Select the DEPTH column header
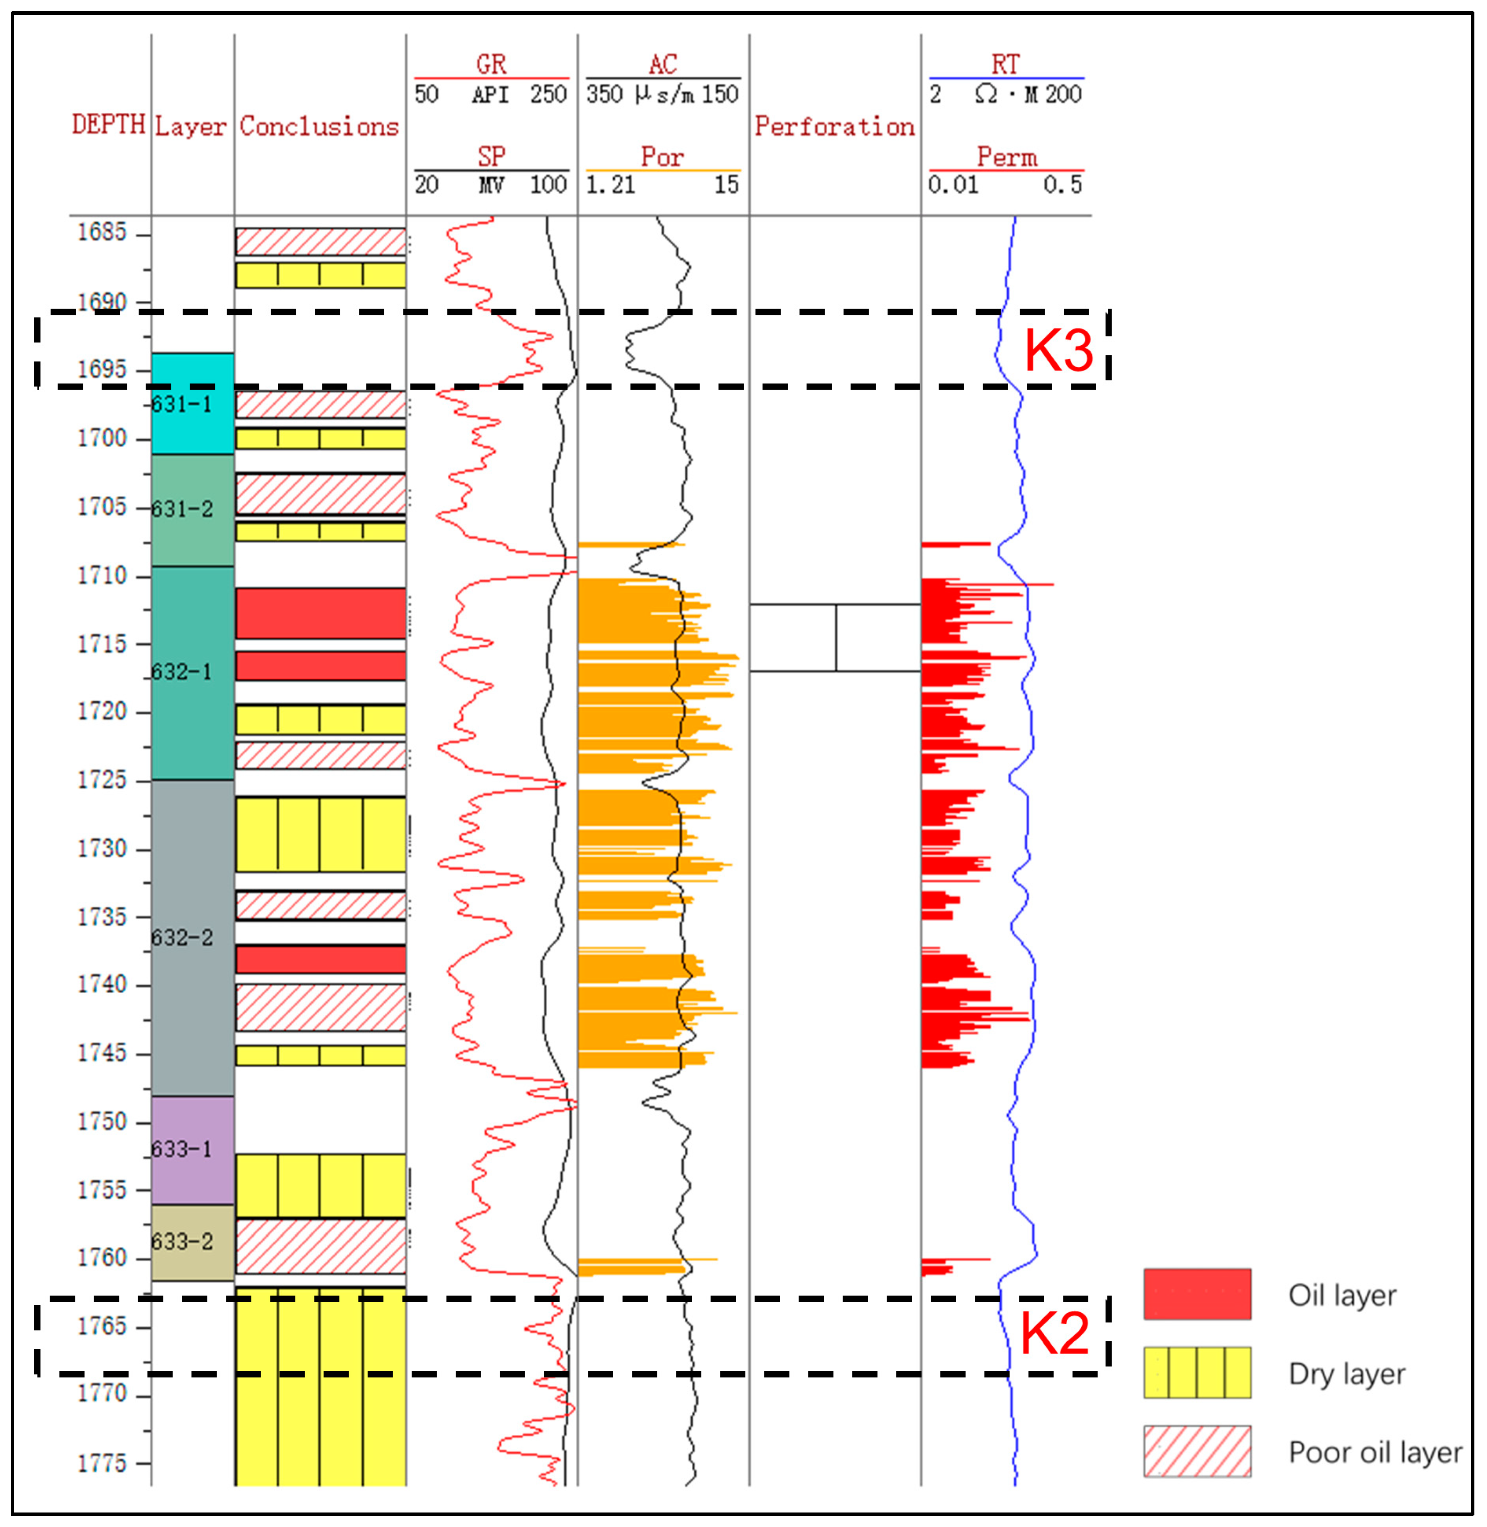tap(109, 124)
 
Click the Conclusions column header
tap(319, 126)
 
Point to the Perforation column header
tap(834, 126)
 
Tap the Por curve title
tap(662, 157)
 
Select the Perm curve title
tap(1007, 157)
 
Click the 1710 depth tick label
tap(102, 575)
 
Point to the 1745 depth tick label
tap(102, 1052)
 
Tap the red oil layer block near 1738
tap(320, 959)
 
